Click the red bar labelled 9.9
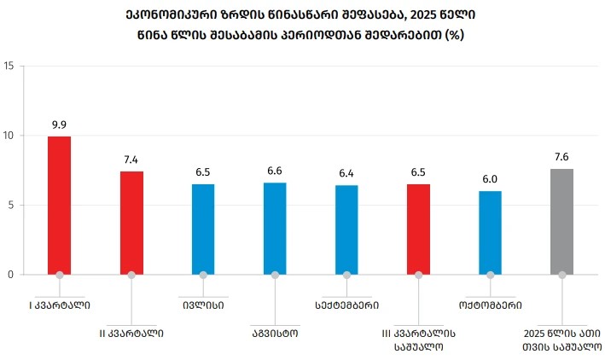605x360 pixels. click(60, 205)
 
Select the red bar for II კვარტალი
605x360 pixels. click(131, 223)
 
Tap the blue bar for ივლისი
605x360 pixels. click(203, 229)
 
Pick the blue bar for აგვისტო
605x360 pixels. click(275, 228)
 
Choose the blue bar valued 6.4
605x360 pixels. click(346, 229)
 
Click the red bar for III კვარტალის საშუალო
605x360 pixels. click(418, 229)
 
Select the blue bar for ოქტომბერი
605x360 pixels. click(490, 232)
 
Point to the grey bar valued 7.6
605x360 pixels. click(561, 221)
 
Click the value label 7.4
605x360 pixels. click(131, 159)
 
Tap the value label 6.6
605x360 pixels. click(275, 171)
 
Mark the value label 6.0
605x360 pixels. click(490, 179)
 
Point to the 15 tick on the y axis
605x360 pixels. click(9, 66)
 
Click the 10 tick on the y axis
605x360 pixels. click(9, 136)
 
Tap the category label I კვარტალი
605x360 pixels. click(60, 304)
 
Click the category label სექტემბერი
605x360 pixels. click(346, 304)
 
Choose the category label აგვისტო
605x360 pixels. click(275, 332)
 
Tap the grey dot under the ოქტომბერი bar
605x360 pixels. click(490, 275)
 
